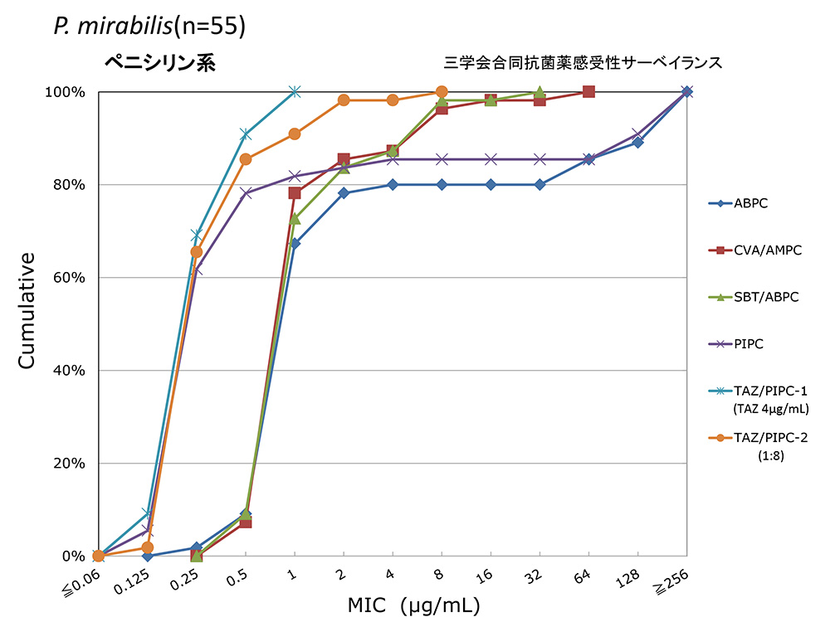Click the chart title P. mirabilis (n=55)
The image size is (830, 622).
[x=149, y=27]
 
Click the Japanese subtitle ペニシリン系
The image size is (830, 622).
[x=159, y=63]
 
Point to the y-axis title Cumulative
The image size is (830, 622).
[x=28, y=311]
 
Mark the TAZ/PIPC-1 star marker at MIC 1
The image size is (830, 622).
[x=295, y=91]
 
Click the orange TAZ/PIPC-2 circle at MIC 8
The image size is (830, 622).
[x=442, y=91]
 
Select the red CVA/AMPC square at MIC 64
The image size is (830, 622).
[x=588, y=91]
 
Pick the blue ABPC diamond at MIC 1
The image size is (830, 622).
[x=295, y=243]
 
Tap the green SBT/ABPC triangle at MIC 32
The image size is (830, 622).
[x=539, y=91]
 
